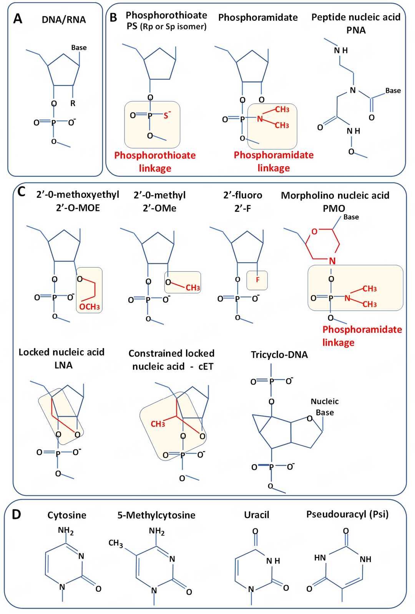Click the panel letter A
tap(17, 18)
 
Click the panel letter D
tap(16, 514)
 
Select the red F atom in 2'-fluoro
tap(257, 280)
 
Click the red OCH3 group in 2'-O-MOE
tap(90, 307)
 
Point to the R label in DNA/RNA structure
tap(73, 103)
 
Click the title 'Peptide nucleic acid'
tap(356, 17)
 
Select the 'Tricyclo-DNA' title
tap(279, 355)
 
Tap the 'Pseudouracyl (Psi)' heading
tap(347, 514)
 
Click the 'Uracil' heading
tap(256, 515)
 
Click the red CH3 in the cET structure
tap(158, 424)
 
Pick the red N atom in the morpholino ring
tap(332, 261)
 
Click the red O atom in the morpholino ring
tap(314, 231)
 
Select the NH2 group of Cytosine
tap(66, 530)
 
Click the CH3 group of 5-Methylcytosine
tap(116, 543)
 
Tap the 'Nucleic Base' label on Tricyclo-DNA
tap(325, 407)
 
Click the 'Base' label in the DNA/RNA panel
tap(79, 47)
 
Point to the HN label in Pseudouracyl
tap(320, 557)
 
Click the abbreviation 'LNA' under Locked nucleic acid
tap(63, 365)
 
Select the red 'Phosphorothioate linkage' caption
tap(155, 162)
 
